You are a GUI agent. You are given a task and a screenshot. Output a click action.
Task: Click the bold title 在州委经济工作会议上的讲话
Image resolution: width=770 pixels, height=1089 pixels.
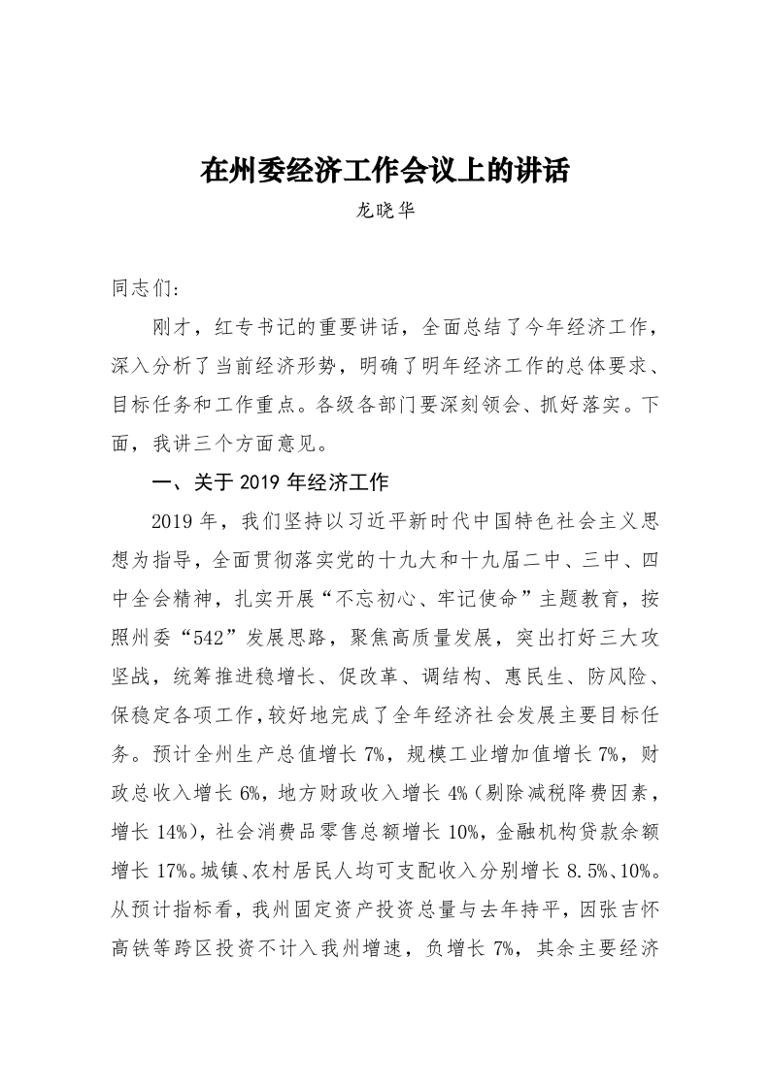385,171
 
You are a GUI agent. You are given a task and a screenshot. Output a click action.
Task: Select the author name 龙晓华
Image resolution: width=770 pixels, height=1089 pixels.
385,209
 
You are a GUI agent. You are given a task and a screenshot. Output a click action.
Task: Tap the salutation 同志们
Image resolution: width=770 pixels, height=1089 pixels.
140,288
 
